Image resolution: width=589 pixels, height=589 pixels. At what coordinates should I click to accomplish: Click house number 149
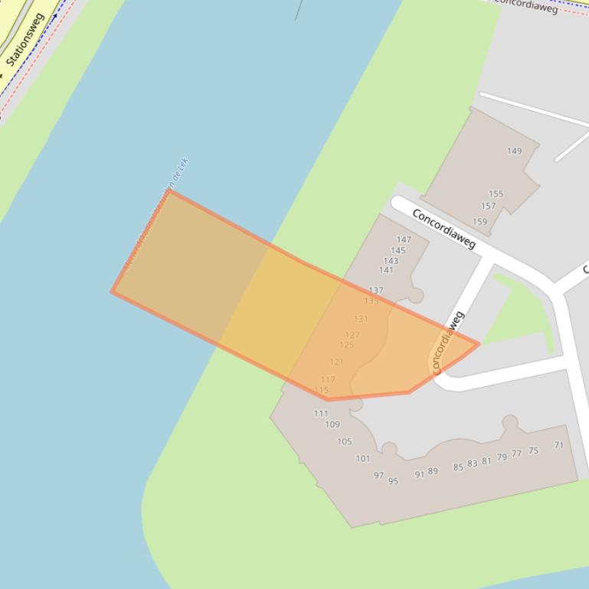point(514,151)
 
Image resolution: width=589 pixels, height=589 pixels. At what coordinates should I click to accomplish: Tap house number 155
point(496,194)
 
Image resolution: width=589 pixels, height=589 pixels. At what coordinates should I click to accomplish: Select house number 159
point(479,222)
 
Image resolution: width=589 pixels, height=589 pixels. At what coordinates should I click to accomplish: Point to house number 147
point(404,239)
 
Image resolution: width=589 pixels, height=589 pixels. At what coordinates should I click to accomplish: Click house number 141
point(386,269)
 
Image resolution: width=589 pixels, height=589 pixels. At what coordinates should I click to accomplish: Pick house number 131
point(361,319)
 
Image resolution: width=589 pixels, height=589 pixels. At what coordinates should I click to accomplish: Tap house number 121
point(336,362)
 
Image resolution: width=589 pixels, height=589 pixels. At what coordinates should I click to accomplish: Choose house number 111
point(320,413)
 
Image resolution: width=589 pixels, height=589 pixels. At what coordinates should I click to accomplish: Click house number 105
point(344,441)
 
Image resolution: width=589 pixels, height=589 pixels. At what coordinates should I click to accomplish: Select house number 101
point(362,459)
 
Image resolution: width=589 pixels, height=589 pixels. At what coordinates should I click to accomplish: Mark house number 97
point(378,475)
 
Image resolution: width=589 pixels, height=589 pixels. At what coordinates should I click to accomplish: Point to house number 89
point(433,471)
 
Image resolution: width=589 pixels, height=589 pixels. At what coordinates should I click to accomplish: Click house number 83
point(472,463)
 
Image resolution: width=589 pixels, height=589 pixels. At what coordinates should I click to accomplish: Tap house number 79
point(502,457)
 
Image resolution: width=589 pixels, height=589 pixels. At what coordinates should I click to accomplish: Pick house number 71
point(558,445)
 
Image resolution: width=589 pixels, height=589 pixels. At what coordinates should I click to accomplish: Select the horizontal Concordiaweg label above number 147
point(443,228)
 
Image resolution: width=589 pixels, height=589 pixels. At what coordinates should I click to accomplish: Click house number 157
point(488,206)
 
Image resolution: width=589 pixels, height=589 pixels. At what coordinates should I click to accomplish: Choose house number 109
point(332,425)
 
